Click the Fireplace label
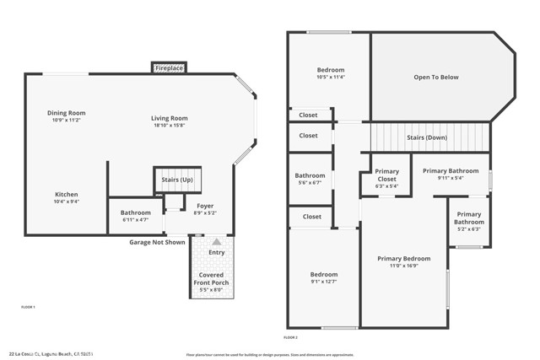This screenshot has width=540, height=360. tap(170, 67)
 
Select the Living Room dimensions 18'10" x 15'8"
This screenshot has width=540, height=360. tap(170, 126)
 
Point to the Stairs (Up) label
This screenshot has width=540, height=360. tap(176, 180)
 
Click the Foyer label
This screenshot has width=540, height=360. tap(205, 206)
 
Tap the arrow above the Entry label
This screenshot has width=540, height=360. tap(216, 241)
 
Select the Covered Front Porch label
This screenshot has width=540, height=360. tap(213, 278)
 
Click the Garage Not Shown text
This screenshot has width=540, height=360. tap(157, 242)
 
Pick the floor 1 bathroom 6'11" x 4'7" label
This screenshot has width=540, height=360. tap(135, 219)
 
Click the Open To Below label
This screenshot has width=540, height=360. tap(436, 77)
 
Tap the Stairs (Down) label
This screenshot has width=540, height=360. tap(426, 137)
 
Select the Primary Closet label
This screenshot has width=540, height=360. tap(386, 175)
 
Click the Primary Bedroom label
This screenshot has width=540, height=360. tap(403, 259)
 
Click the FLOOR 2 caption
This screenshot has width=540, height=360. tap(291, 336)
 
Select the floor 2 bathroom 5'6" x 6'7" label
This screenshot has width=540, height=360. tap(310, 179)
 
